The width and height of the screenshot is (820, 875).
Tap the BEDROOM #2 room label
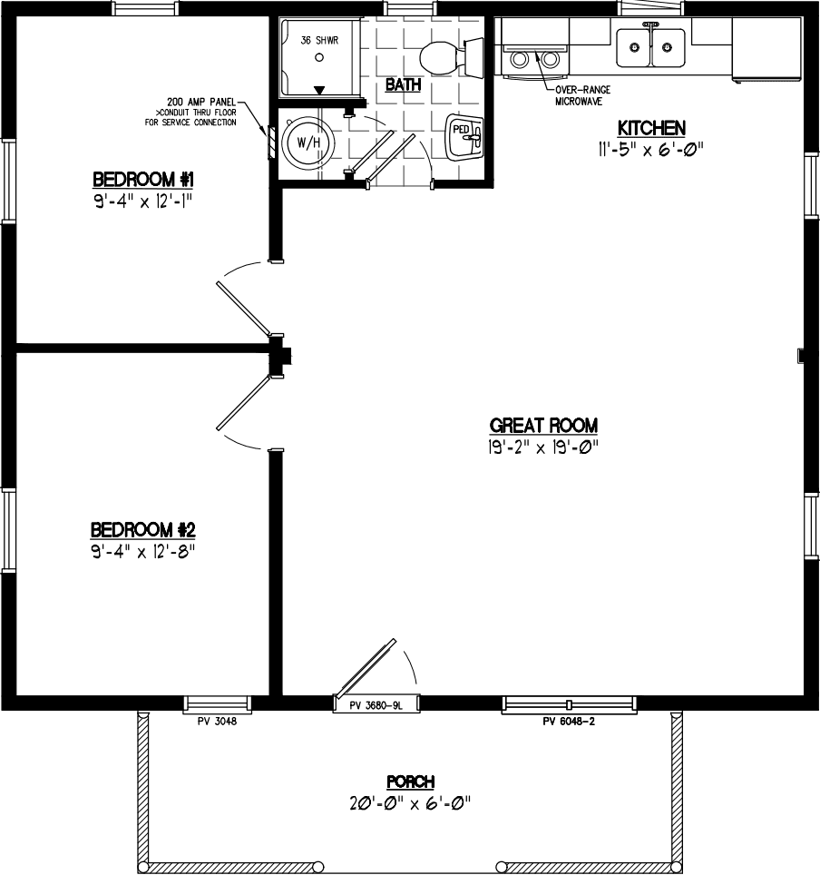[x=143, y=529]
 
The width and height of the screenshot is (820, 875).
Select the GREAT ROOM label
[x=543, y=425]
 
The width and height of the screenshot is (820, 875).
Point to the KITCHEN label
[x=650, y=128]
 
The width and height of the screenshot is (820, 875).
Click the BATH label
[x=402, y=85]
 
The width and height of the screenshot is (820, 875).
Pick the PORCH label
[x=410, y=782]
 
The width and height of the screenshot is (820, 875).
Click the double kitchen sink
[x=650, y=46]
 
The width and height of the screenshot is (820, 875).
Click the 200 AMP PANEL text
[x=200, y=102]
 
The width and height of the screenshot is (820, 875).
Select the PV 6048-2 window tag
[x=568, y=722]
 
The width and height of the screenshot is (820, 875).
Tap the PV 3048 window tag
[x=217, y=722]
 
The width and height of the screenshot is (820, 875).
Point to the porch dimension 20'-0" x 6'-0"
[x=410, y=802]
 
